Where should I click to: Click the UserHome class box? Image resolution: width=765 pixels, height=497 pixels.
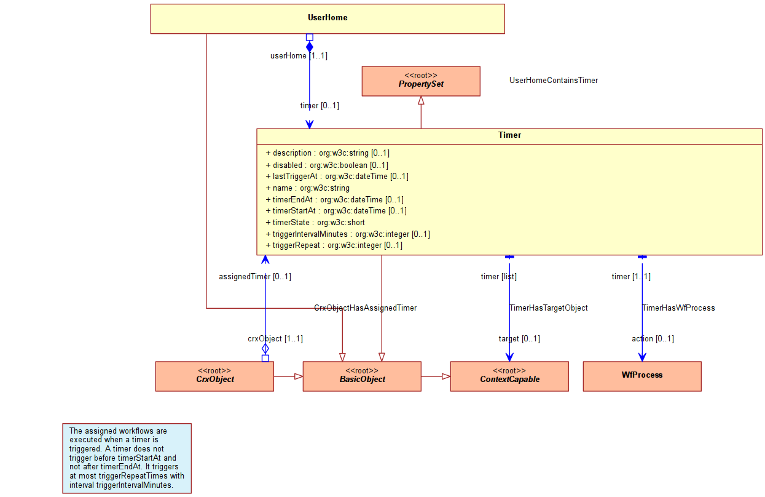pos(328,19)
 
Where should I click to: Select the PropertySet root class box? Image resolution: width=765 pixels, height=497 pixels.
pos(421,81)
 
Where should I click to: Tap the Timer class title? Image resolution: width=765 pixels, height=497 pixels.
pos(509,135)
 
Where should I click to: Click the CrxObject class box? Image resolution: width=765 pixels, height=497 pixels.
pos(214,376)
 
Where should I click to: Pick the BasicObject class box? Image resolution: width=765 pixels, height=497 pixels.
pos(362,376)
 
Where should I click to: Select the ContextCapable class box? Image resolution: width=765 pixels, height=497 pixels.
pos(509,376)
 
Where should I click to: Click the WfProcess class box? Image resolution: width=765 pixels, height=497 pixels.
pos(642,376)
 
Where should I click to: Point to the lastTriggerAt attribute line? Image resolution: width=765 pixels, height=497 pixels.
pos(337,177)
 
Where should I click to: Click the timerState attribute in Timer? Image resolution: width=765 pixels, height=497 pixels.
pos(315,223)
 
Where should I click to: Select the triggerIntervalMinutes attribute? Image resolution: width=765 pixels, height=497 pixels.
pos(348,234)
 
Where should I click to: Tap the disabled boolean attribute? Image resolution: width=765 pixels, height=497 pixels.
pos(327,165)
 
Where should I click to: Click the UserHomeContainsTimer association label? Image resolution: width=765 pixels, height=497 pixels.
pos(554,81)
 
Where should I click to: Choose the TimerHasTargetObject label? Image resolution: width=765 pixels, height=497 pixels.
pos(549,308)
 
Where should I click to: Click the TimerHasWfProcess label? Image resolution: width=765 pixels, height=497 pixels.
pos(678,308)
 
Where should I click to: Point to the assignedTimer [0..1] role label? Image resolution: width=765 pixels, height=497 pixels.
pos(255,277)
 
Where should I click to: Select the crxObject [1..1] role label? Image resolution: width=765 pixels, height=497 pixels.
pos(275,339)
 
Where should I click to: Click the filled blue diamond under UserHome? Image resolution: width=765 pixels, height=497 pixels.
pos(310,47)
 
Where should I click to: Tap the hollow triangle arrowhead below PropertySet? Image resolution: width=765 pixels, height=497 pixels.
pos(421,100)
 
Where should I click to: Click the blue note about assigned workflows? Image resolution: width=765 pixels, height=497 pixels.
pos(127,458)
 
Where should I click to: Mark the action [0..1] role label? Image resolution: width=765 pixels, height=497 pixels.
pos(653,339)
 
